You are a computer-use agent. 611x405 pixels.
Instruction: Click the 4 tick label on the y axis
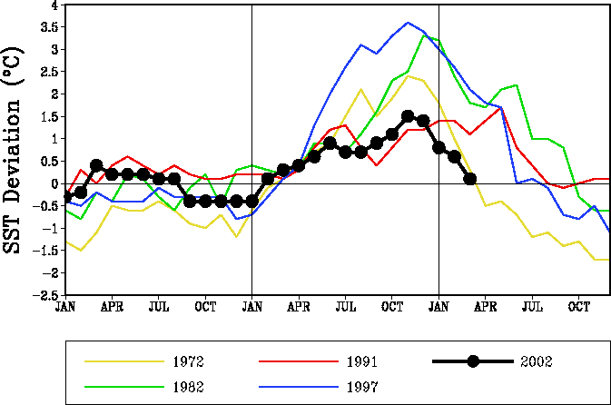tap(54, 5)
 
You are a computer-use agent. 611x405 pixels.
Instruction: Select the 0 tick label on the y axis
tap(54, 183)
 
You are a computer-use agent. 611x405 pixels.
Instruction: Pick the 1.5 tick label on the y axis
tap(50, 117)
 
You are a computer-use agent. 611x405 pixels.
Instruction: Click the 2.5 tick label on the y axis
tap(50, 72)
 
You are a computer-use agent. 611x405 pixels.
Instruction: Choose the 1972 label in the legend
tap(187, 361)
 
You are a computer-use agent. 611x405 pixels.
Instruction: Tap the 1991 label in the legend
tap(361, 361)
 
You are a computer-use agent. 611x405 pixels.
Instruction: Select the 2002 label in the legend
tap(536, 361)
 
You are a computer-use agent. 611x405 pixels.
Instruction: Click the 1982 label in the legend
tap(187, 387)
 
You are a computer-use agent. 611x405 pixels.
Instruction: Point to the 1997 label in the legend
tap(361, 387)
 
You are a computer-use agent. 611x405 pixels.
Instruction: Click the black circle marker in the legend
tap(473, 361)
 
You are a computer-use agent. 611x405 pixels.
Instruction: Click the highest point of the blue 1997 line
tap(408, 23)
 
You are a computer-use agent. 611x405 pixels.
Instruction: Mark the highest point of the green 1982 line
tap(424, 35)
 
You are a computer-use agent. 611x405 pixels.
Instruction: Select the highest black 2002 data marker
tap(408, 116)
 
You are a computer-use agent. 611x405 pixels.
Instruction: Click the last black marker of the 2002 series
tap(470, 179)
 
